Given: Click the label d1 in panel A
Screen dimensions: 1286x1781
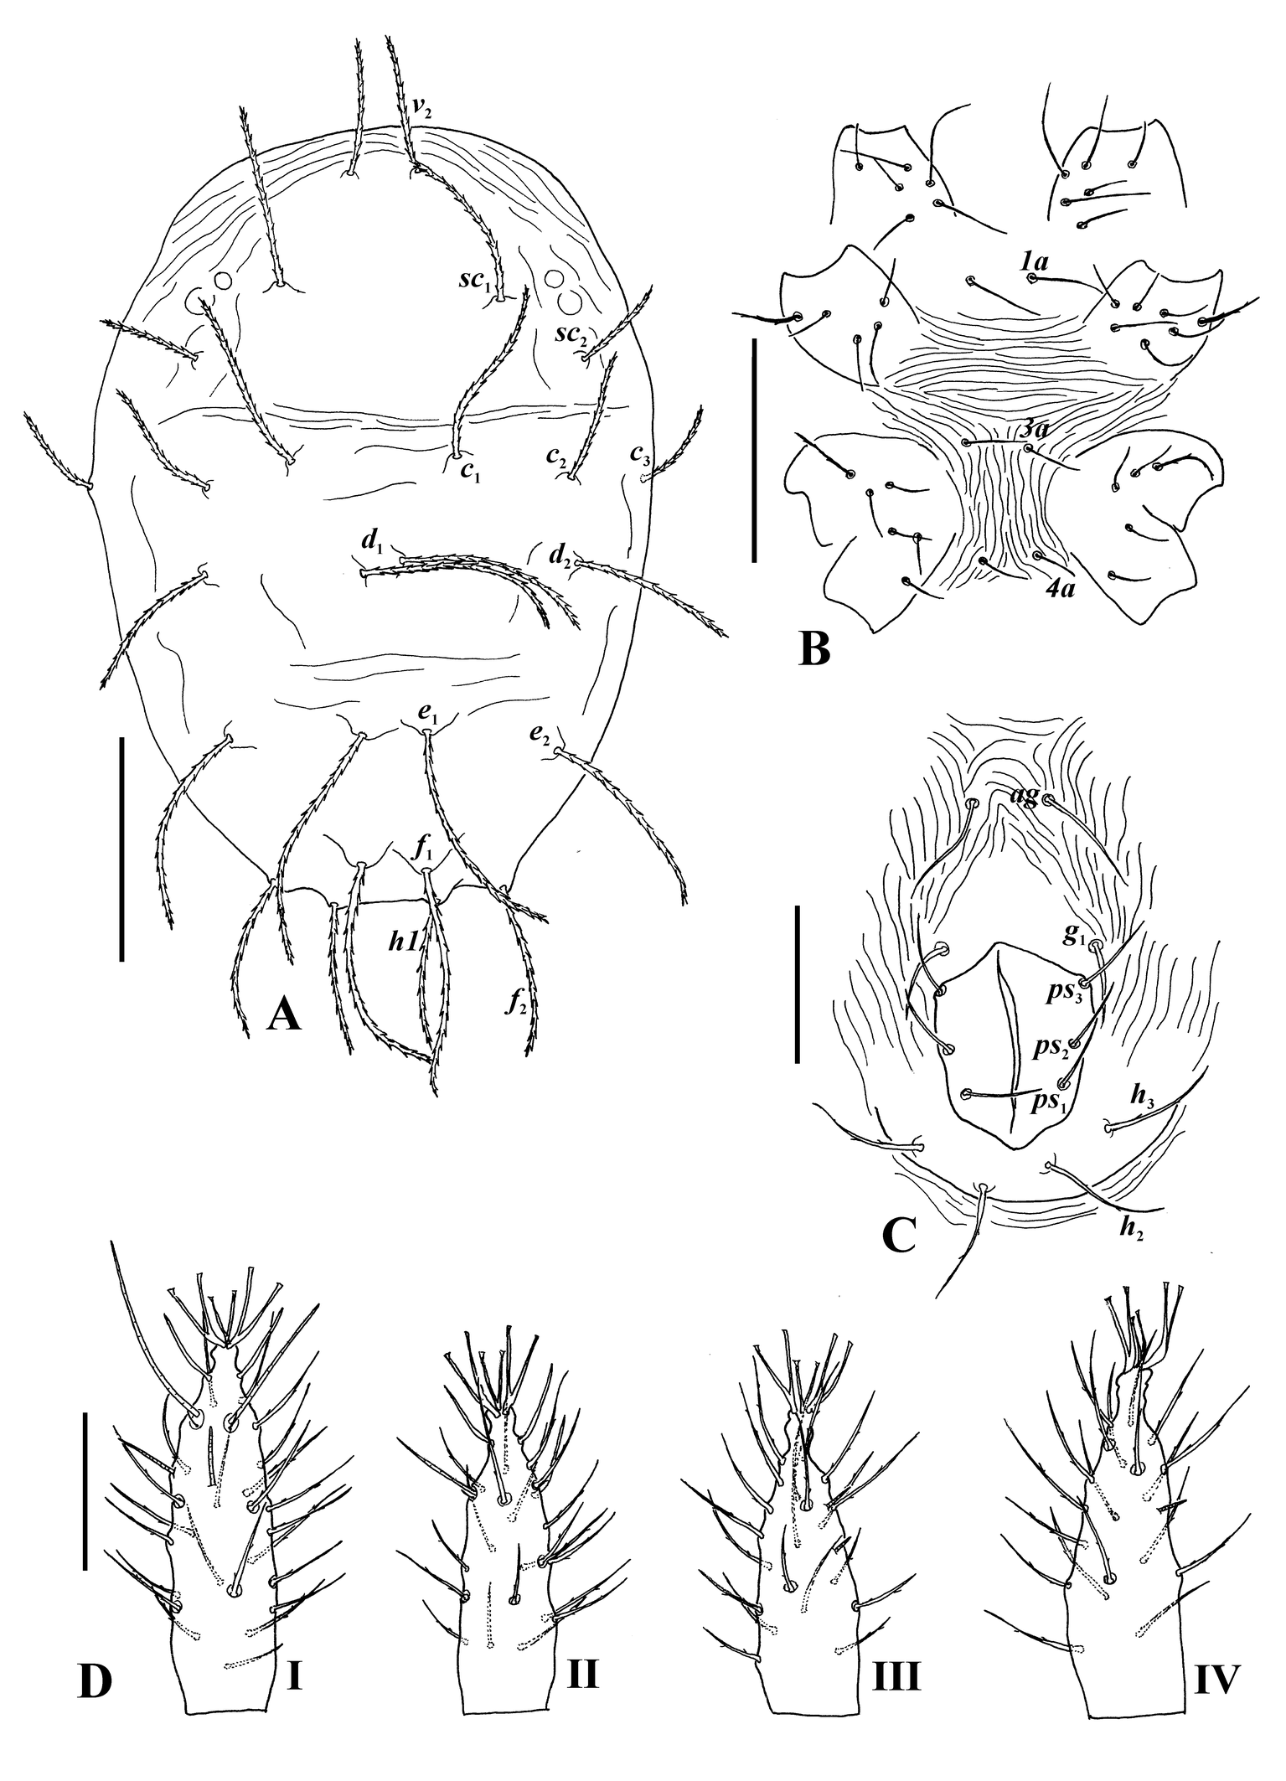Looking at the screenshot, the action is point(371,542).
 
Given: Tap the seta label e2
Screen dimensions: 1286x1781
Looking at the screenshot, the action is point(540,736).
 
